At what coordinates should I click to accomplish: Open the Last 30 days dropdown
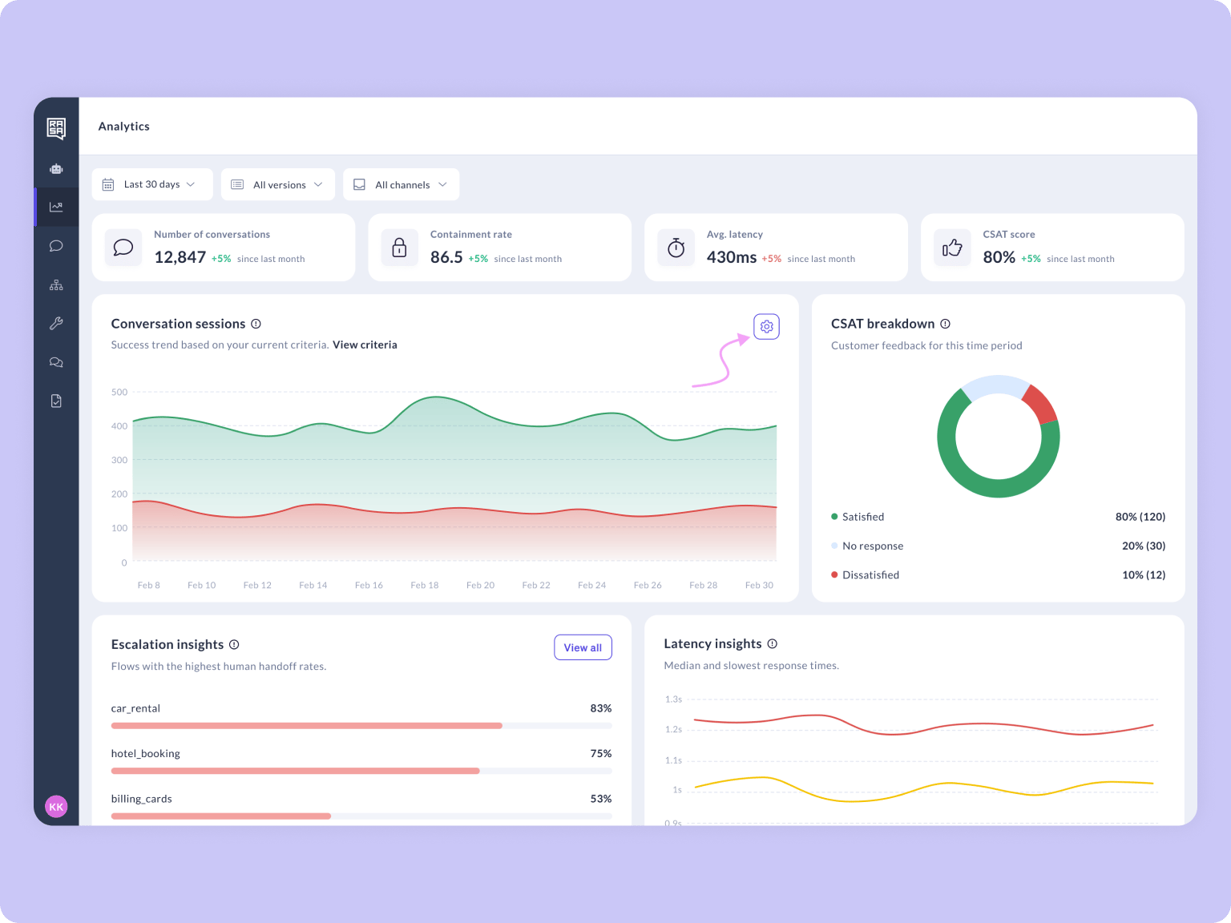(152, 184)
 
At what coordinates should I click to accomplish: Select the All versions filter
(277, 184)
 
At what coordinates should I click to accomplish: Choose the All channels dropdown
(401, 184)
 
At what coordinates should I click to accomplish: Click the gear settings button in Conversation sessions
(766, 327)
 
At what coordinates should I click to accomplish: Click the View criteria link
(365, 345)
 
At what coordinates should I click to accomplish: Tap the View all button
(583, 647)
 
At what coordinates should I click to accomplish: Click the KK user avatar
(56, 807)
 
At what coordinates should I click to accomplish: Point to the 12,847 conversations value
(180, 257)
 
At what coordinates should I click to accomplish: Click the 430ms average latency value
(732, 257)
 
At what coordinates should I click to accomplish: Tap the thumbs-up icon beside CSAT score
(952, 247)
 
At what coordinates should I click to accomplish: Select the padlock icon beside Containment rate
(399, 247)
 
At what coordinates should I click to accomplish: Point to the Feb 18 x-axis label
(425, 585)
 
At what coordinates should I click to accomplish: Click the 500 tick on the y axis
(119, 392)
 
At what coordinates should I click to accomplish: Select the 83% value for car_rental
(600, 708)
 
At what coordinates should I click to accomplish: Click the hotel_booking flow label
(145, 754)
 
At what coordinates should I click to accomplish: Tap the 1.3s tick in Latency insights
(673, 699)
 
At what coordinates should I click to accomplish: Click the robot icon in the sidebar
(56, 169)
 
